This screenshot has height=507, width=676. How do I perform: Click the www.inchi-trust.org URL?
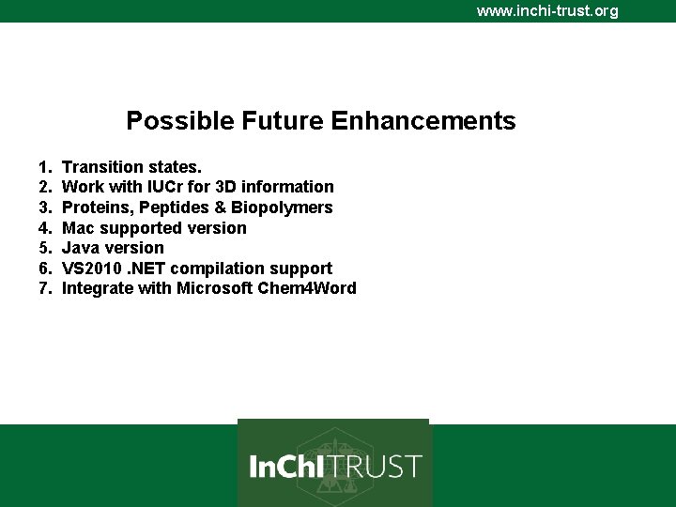pyautogui.click(x=547, y=11)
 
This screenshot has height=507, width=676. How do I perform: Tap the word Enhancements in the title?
pyautogui.click(x=423, y=121)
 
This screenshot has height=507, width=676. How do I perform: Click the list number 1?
pyautogui.click(x=44, y=167)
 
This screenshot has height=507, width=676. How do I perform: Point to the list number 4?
pyautogui.click(x=44, y=228)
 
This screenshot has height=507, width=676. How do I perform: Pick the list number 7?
pyautogui.click(x=44, y=288)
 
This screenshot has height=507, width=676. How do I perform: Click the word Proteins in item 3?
pyautogui.click(x=95, y=207)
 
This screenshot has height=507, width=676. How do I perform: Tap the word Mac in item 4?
pyautogui.click(x=78, y=228)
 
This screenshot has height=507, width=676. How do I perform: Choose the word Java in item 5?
pyautogui.click(x=81, y=248)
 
